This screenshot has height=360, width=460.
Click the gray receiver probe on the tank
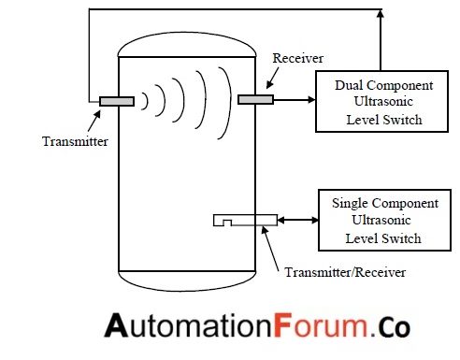[255, 99]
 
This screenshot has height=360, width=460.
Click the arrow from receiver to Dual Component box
[294, 99]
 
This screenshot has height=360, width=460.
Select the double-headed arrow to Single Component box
[297, 220]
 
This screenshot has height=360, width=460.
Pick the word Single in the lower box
[350, 203]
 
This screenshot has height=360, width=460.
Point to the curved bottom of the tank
[187, 279]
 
